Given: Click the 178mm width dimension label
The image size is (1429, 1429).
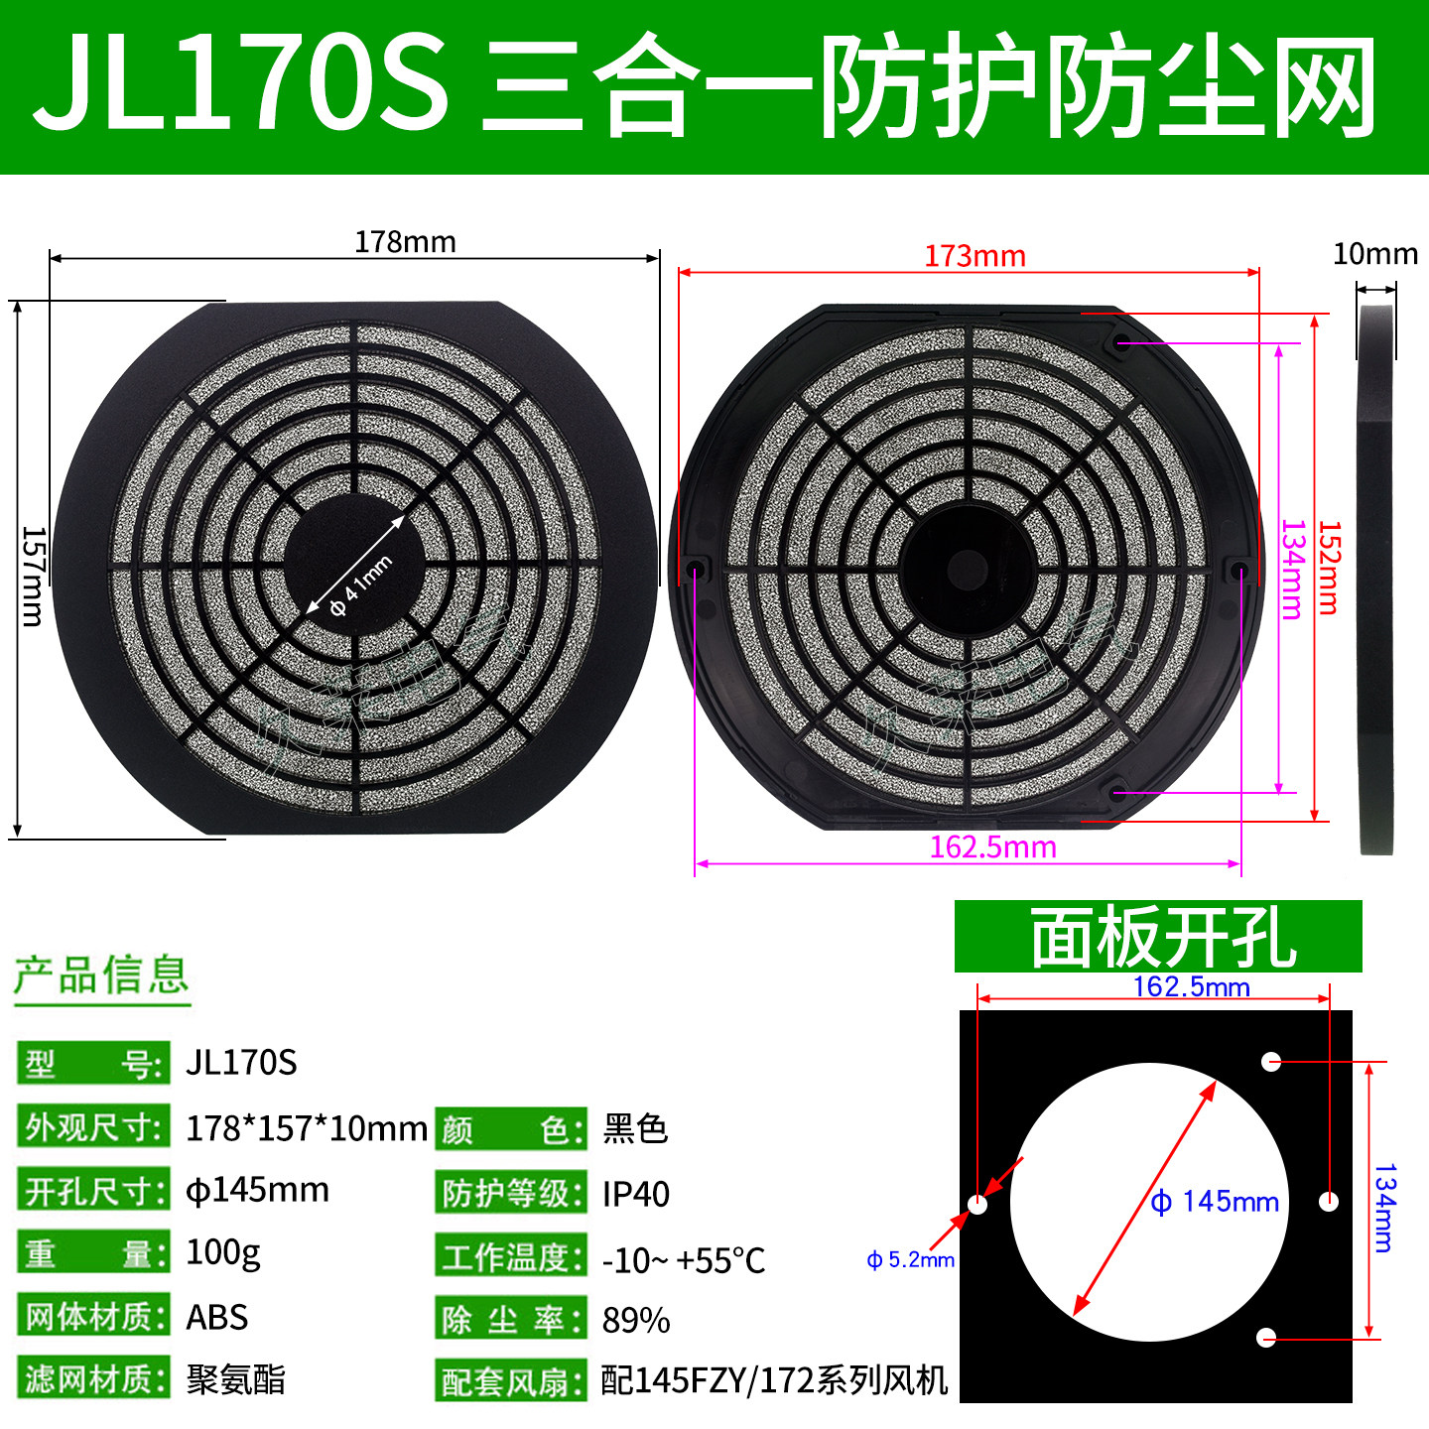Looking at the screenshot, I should (x=405, y=242).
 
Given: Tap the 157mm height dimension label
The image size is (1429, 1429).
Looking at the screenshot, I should (x=33, y=577).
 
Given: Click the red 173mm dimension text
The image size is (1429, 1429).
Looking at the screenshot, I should (x=974, y=256).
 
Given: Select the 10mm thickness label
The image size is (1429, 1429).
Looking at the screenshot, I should (x=1374, y=254).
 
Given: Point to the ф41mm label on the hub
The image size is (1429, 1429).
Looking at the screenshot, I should (x=360, y=585).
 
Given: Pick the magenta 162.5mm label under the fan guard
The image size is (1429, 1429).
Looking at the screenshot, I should (x=992, y=846).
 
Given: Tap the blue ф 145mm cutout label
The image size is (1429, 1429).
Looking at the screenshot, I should (x=1215, y=1202).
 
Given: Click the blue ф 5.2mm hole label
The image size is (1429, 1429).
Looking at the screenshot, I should (x=910, y=1260).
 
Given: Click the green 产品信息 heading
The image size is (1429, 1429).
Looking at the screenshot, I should (x=101, y=975).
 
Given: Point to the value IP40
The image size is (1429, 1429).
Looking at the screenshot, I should (x=636, y=1194).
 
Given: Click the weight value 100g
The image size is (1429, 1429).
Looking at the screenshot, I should (x=223, y=1253).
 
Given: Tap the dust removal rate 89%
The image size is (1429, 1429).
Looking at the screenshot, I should (x=636, y=1321).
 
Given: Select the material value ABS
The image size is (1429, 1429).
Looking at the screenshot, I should (x=217, y=1318).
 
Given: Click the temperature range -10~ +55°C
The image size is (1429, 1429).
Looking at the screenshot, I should (x=684, y=1260).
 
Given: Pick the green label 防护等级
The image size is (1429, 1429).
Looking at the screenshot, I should (x=509, y=1194).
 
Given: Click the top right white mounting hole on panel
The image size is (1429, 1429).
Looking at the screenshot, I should (x=1271, y=1062).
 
